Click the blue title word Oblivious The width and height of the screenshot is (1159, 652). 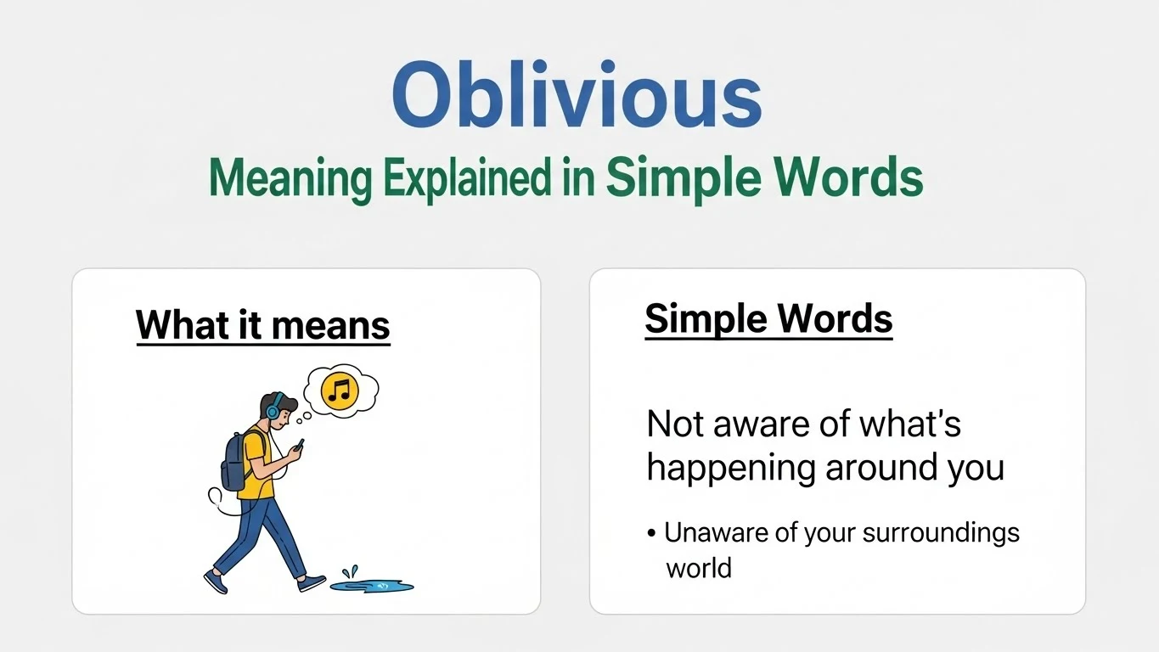(577, 95)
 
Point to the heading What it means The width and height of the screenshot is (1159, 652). (262, 325)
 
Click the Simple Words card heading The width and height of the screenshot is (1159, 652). (768, 319)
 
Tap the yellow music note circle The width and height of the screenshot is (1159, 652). (340, 391)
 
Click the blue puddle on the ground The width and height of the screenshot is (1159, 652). (373, 585)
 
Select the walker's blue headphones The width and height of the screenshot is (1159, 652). (272, 410)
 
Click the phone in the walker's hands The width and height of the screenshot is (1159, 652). (299, 444)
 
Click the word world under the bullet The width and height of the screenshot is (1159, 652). (698, 567)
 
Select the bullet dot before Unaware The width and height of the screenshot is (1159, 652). (651, 534)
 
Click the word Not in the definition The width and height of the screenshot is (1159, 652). (674, 424)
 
